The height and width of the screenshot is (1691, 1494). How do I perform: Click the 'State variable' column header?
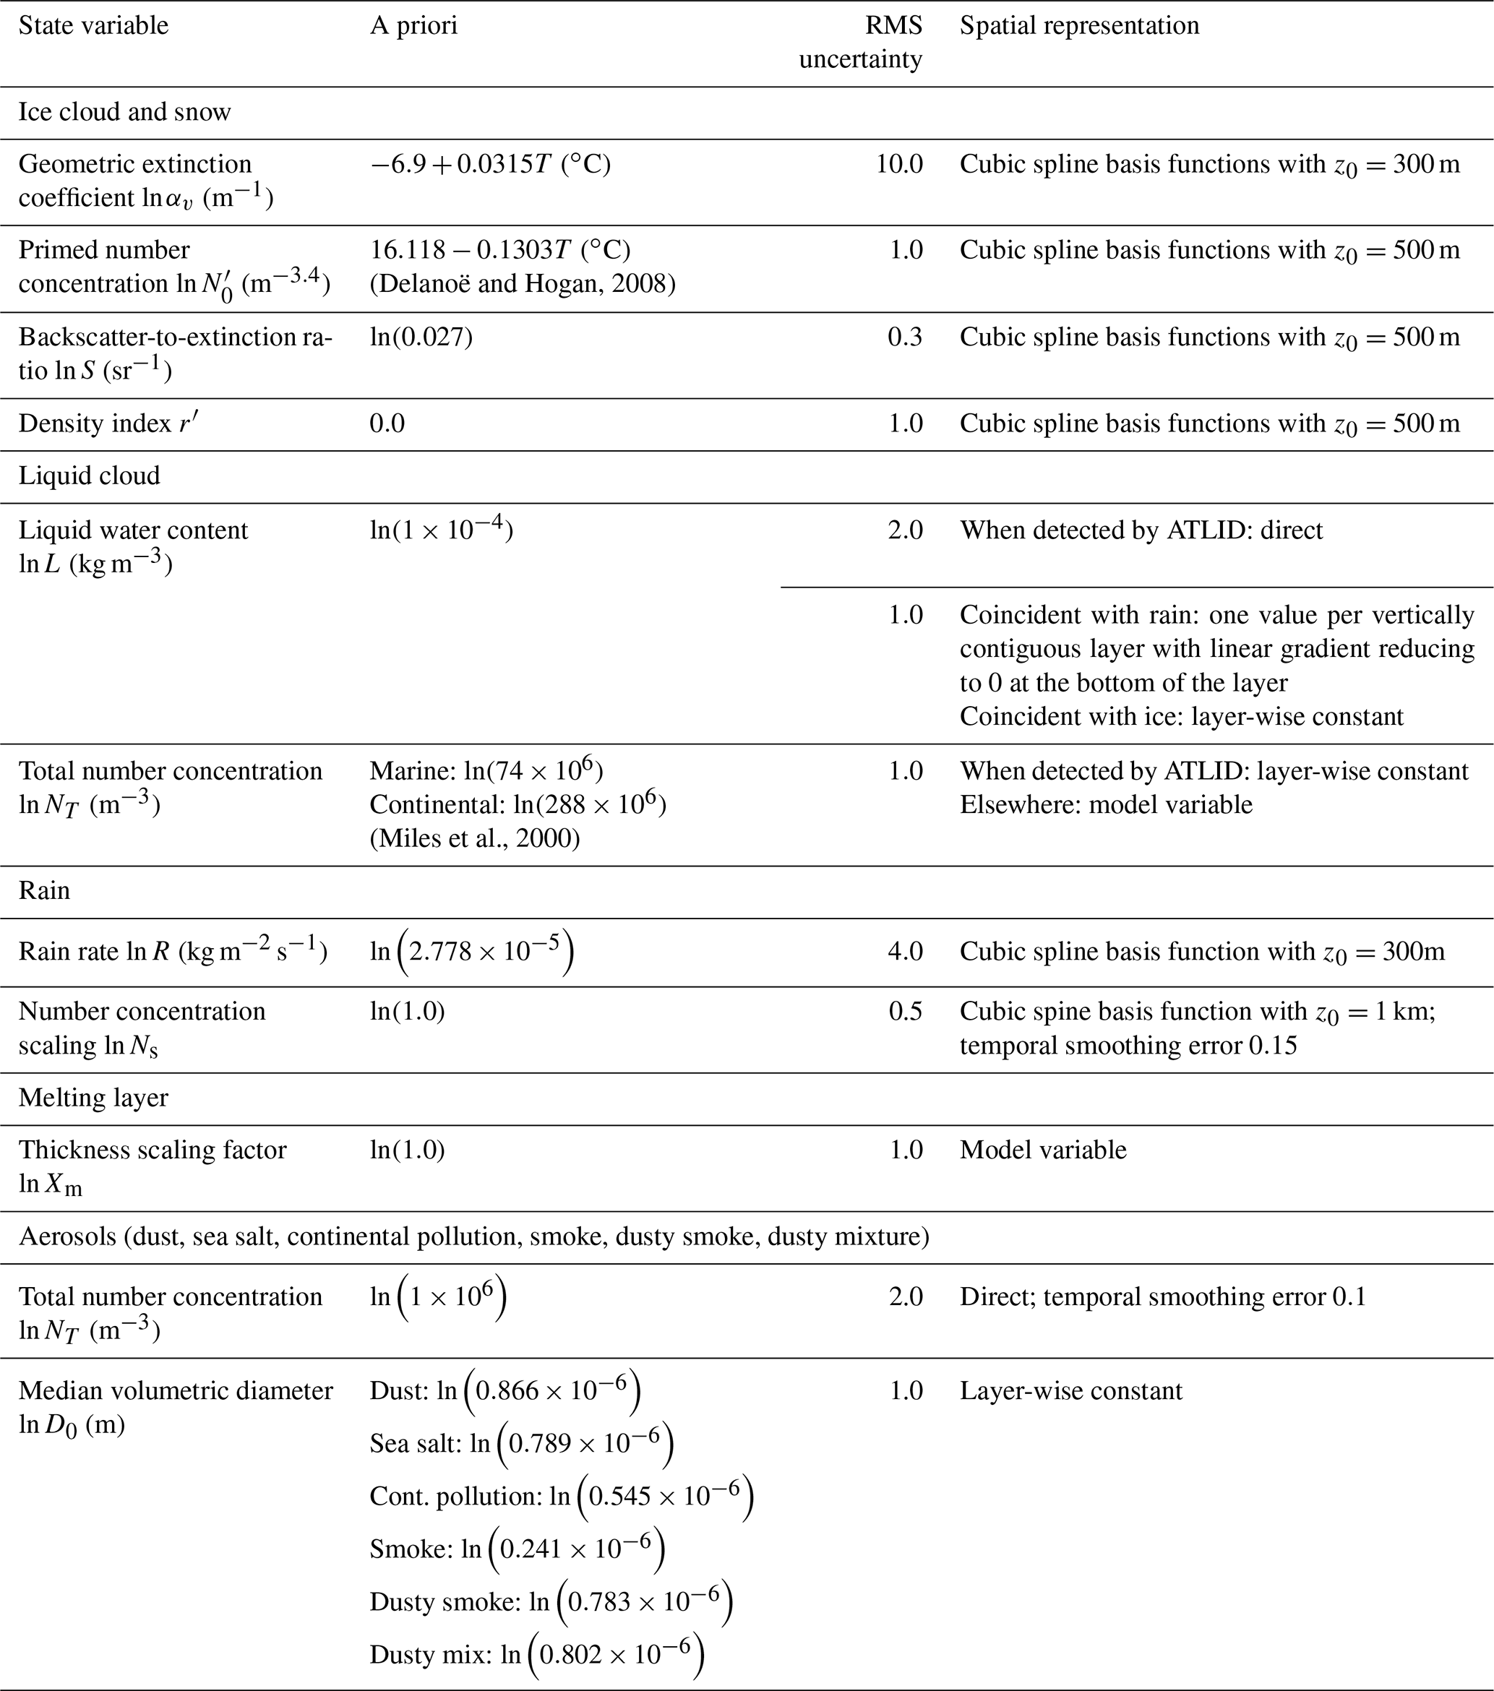click(93, 25)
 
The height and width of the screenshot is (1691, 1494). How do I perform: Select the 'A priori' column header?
click(413, 25)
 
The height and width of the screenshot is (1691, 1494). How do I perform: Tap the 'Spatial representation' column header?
click(1078, 25)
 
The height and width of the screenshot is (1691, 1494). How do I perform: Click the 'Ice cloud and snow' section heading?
click(125, 112)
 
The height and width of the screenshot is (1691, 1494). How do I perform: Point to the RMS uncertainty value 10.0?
click(899, 164)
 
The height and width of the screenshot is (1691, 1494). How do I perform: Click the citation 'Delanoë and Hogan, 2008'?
click(523, 284)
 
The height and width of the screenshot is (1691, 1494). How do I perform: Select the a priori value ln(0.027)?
click(421, 337)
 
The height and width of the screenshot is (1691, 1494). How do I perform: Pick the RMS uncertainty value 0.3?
click(905, 337)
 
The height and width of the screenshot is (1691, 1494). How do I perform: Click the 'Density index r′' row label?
click(108, 423)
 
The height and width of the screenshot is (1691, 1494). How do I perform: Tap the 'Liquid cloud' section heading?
click(90, 476)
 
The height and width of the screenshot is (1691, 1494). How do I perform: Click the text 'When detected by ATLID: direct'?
click(1141, 530)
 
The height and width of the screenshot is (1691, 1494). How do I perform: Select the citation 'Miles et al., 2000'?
click(475, 838)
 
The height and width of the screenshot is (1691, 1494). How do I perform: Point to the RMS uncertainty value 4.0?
click(905, 952)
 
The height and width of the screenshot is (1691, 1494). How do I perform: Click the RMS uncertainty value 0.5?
click(905, 1011)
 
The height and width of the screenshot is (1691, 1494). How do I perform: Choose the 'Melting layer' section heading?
click(93, 1098)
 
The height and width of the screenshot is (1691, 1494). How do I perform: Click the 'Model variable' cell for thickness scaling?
click(1043, 1149)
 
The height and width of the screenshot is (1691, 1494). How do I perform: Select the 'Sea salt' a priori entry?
click(521, 1444)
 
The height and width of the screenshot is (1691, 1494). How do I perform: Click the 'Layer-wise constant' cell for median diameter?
click(1070, 1390)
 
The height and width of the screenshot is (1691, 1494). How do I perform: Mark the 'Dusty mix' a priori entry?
click(536, 1655)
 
